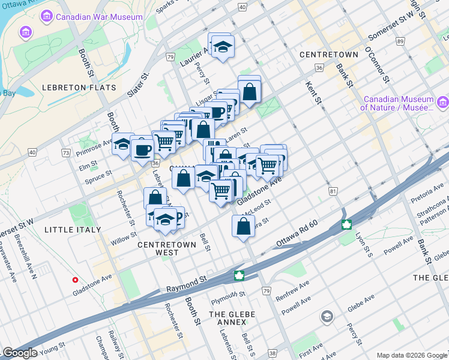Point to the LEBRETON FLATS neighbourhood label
[x=79, y=88]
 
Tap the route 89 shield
[x=400, y=41]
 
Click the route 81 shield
[x=332, y=191]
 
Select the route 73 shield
[x=65, y=153]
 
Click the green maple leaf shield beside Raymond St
[x=239, y=275]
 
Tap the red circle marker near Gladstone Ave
[x=75, y=280]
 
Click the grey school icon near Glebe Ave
[x=327, y=316]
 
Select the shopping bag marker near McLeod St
[x=243, y=227]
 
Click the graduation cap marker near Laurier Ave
[x=222, y=46]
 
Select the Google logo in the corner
[x=20, y=353]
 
